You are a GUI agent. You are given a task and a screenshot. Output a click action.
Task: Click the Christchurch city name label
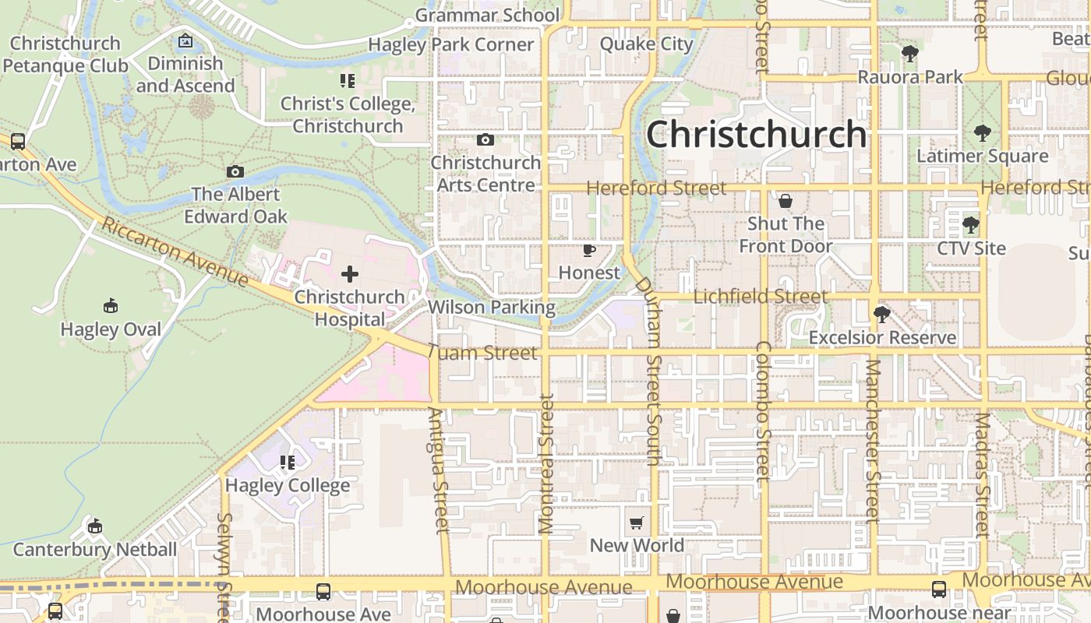756,134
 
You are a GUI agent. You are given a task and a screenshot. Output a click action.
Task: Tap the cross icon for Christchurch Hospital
350,273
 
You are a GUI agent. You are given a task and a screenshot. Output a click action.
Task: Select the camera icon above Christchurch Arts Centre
485,140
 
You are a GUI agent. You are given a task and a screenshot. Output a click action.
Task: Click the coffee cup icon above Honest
589,250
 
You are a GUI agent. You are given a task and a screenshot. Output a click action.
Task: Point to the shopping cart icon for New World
637,523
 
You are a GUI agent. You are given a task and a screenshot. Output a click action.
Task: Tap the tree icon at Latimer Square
982,133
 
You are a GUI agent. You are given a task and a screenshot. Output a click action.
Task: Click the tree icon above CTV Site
970,226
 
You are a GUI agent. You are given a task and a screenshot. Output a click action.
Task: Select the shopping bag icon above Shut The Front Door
786,201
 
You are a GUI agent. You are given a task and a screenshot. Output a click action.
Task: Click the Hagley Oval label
111,329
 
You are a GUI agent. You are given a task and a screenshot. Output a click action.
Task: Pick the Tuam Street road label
483,353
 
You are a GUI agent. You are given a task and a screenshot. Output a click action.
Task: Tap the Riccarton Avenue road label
175,252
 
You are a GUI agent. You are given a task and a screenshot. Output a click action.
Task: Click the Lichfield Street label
760,297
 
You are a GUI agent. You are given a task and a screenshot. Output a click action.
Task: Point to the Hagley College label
288,486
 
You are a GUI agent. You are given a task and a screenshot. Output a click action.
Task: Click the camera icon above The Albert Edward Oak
235,171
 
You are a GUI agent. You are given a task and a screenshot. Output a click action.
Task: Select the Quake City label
646,44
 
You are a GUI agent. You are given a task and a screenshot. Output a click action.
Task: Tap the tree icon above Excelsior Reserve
881,315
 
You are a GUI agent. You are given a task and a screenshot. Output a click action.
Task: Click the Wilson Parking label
492,308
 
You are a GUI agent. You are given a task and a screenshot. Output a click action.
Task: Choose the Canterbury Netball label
95,550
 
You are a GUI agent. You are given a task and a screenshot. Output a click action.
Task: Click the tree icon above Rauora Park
909,54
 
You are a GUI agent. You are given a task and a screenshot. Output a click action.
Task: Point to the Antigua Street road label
439,471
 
